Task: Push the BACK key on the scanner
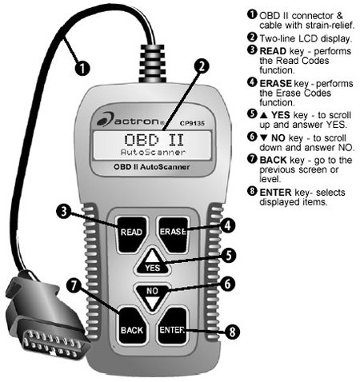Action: click(x=131, y=327)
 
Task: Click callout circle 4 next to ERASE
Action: click(x=227, y=226)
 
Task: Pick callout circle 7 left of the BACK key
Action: click(x=74, y=285)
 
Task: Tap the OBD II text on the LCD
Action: click(x=152, y=139)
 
